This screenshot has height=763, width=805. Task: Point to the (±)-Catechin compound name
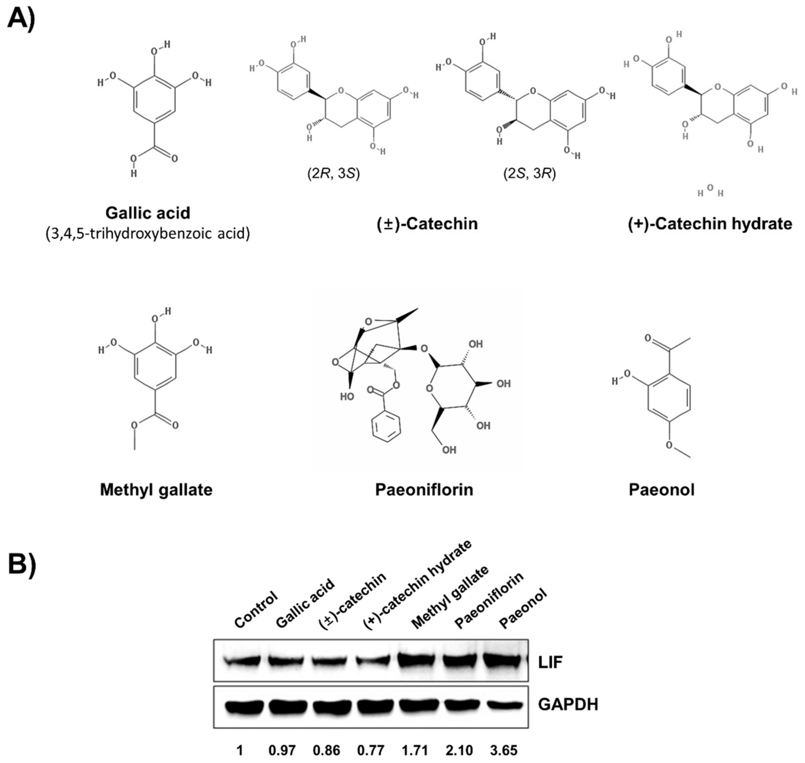427,224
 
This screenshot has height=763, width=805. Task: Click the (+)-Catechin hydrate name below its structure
710,224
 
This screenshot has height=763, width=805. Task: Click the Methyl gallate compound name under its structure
156,490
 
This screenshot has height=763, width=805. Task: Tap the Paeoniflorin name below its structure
424,490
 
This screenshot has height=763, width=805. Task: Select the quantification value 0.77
371,750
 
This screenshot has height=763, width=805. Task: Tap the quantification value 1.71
414,750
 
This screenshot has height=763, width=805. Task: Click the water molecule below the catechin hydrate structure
710,191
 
